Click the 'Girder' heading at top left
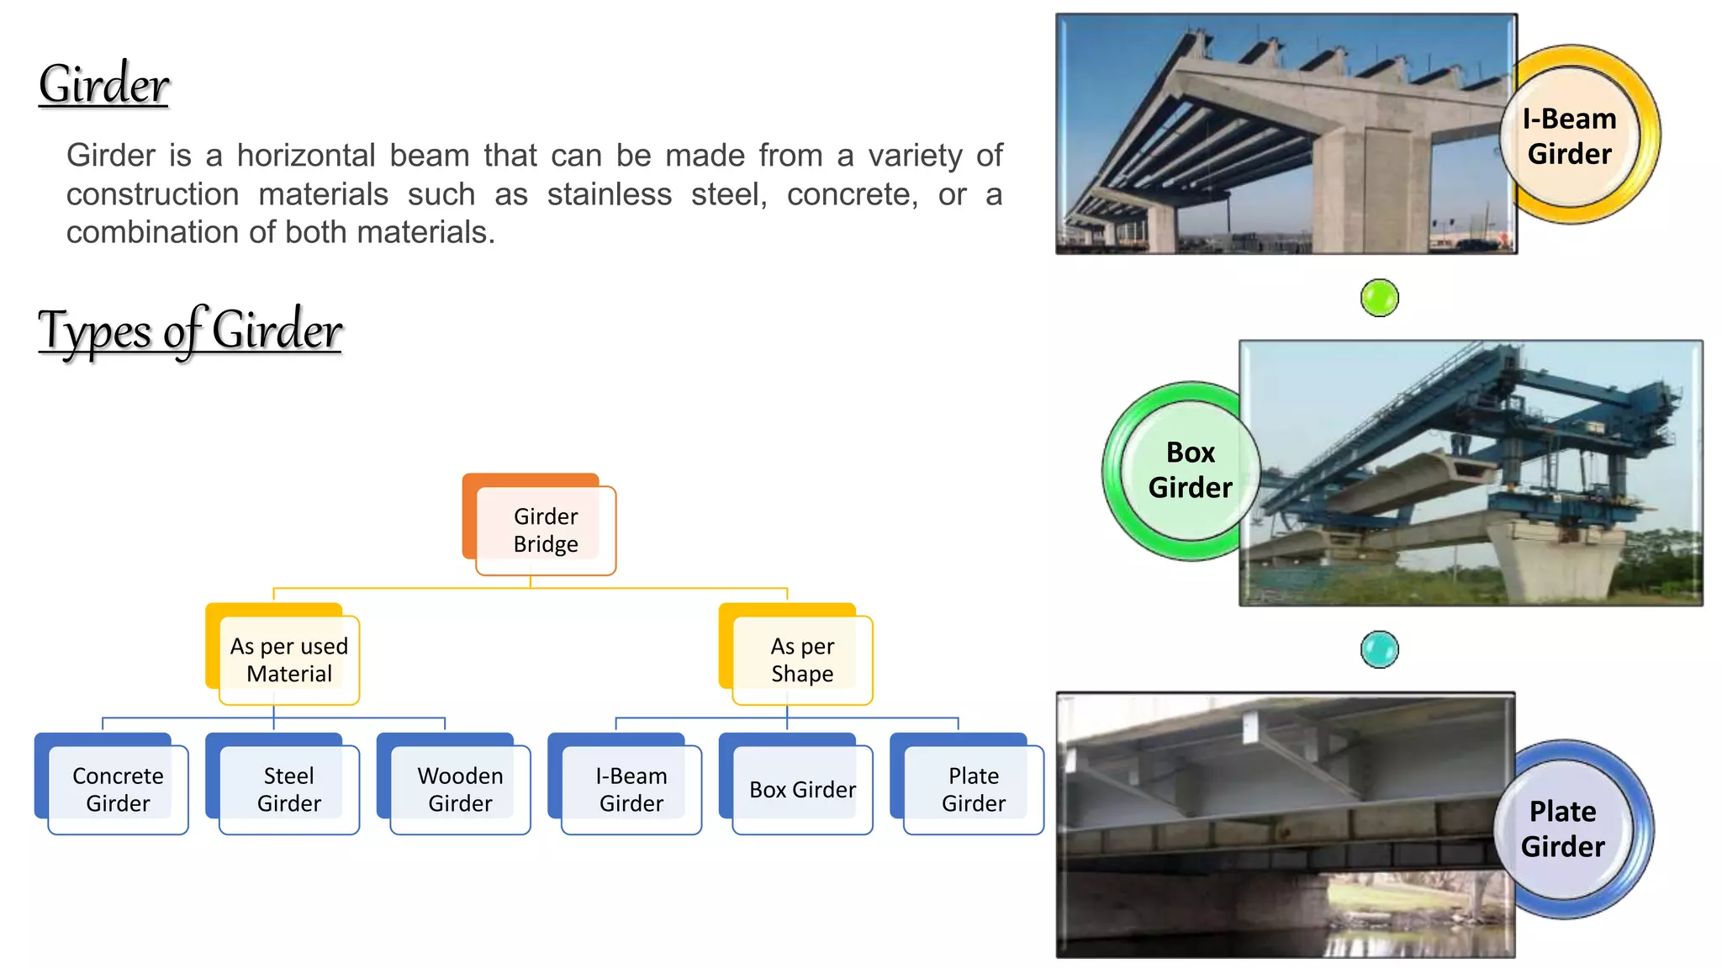click(x=104, y=84)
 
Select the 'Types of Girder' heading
click(x=190, y=331)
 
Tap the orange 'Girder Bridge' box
click(x=545, y=530)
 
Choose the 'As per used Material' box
click(x=288, y=659)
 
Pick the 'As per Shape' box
click(x=802, y=659)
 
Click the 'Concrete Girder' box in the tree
click(x=118, y=789)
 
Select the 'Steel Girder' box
click(x=288, y=789)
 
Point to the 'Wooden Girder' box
click(x=460, y=789)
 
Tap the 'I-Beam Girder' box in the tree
click(x=631, y=789)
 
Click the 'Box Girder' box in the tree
click(x=802, y=789)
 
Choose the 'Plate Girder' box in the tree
click(x=973, y=789)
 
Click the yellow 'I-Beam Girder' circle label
click(x=1570, y=136)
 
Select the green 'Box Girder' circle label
click(x=1190, y=470)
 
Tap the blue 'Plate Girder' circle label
click(x=1563, y=829)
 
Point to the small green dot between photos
click(x=1379, y=298)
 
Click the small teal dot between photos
click(x=1379, y=649)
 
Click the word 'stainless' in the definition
click(x=609, y=194)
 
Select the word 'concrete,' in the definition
click(x=852, y=194)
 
